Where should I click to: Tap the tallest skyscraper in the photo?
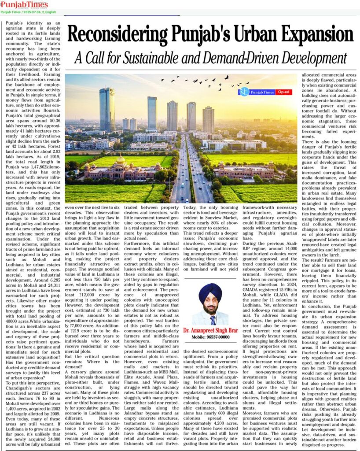click(107, 109)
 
